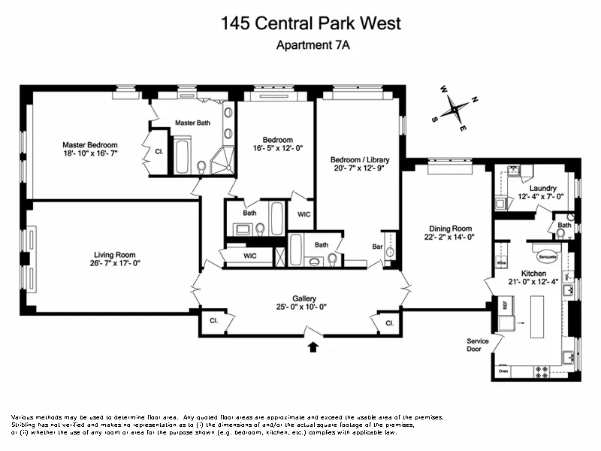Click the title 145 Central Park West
(x=311, y=23)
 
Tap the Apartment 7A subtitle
(x=314, y=45)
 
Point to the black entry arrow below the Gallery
(x=313, y=347)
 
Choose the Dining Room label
(x=450, y=229)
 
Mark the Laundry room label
(x=542, y=188)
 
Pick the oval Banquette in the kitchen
(x=545, y=253)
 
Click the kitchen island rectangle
(x=538, y=316)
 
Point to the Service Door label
(x=478, y=345)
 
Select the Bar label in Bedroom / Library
(x=377, y=247)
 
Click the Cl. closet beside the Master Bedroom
(x=159, y=150)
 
